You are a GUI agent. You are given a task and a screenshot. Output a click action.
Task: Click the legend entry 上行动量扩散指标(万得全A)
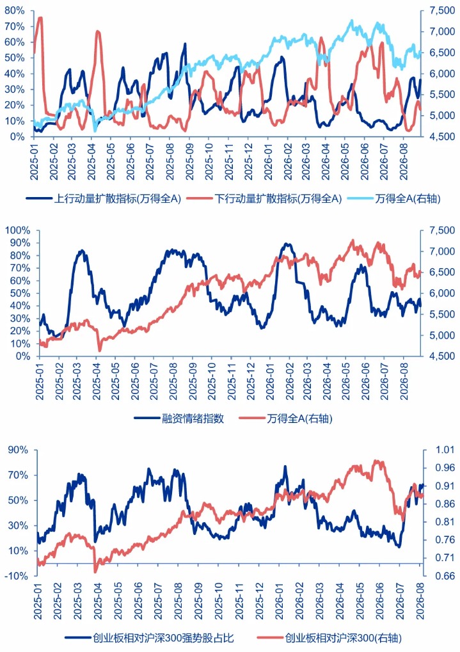click(x=104, y=198)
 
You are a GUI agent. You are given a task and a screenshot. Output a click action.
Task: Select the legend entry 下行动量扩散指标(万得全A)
click(x=264, y=198)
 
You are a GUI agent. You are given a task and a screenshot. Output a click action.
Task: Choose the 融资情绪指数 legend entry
click(x=179, y=418)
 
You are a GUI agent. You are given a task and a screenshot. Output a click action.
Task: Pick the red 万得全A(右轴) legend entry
click(x=286, y=418)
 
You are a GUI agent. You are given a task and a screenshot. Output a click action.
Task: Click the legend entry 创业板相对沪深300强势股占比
click(x=150, y=637)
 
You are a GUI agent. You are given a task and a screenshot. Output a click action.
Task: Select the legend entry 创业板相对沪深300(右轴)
click(x=329, y=637)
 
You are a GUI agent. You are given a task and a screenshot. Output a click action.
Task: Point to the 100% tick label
click(x=17, y=230)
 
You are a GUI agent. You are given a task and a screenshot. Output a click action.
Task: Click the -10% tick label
click(x=18, y=576)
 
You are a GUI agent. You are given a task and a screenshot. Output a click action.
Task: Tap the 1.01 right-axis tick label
click(x=445, y=450)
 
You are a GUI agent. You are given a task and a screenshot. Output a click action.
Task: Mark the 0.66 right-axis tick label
click(x=445, y=576)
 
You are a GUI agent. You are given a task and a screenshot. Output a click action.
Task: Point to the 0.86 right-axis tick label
click(x=445, y=504)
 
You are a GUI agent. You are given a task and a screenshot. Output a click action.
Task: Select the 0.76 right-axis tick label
click(x=445, y=540)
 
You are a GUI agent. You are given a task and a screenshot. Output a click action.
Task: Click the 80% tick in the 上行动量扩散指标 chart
click(x=15, y=11)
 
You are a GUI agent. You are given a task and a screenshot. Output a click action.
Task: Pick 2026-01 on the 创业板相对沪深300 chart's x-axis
click(x=279, y=600)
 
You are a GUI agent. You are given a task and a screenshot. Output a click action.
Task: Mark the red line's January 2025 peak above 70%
click(x=40, y=17)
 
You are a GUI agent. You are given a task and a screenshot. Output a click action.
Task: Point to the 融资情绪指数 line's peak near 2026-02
click(x=287, y=244)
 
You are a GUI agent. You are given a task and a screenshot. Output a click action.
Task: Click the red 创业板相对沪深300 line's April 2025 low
click(x=95, y=571)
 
